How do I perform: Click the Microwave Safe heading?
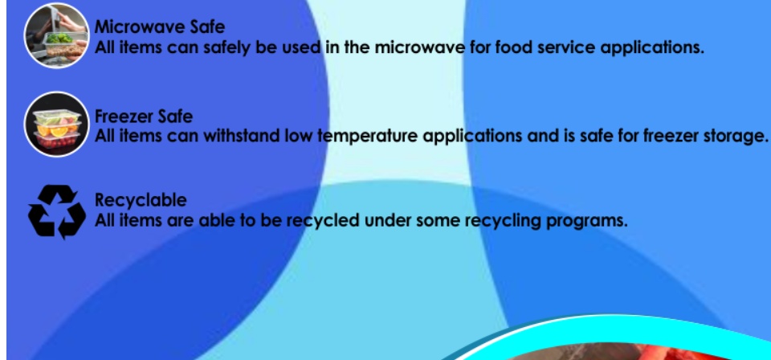159,27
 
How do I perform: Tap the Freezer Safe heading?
144,117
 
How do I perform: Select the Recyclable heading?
141,200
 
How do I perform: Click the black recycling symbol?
57,212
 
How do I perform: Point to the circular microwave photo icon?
57,36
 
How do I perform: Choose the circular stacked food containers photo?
57,125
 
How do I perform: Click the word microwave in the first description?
419,47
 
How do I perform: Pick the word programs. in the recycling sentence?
587,221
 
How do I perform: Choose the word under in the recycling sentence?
387,220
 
